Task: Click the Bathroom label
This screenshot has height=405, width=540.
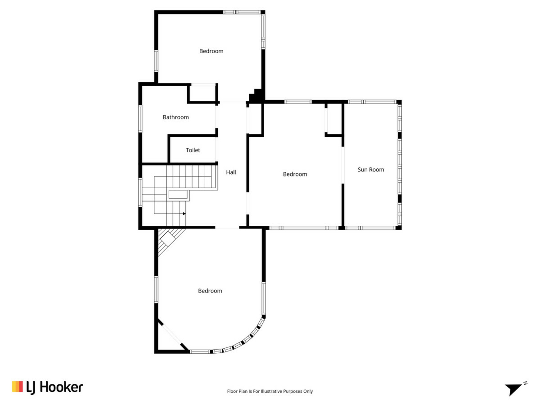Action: click(176, 117)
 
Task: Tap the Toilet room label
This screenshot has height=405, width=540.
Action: click(193, 150)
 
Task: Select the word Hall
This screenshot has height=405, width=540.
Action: click(231, 172)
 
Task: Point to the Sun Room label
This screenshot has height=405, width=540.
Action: click(371, 170)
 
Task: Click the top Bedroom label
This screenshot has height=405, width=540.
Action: click(211, 51)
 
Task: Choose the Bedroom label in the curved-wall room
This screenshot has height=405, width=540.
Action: click(210, 291)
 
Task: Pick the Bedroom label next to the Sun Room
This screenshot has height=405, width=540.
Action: click(295, 174)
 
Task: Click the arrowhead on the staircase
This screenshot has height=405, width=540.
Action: click(184, 214)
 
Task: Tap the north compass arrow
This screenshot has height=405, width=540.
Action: click(513, 390)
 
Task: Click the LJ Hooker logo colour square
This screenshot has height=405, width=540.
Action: click(17, 386)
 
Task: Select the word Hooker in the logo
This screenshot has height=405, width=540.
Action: click(61, 387)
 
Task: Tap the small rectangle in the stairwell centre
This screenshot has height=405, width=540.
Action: click(178, 195)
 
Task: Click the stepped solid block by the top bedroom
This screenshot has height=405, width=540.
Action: click(256, 96)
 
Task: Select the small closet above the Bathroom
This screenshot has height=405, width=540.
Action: click(202, 93)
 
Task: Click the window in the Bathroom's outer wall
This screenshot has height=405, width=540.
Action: click(140, 118)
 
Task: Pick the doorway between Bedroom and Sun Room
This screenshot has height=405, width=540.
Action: click(343, 165)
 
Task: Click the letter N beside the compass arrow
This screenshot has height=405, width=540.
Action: click(525, 383)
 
